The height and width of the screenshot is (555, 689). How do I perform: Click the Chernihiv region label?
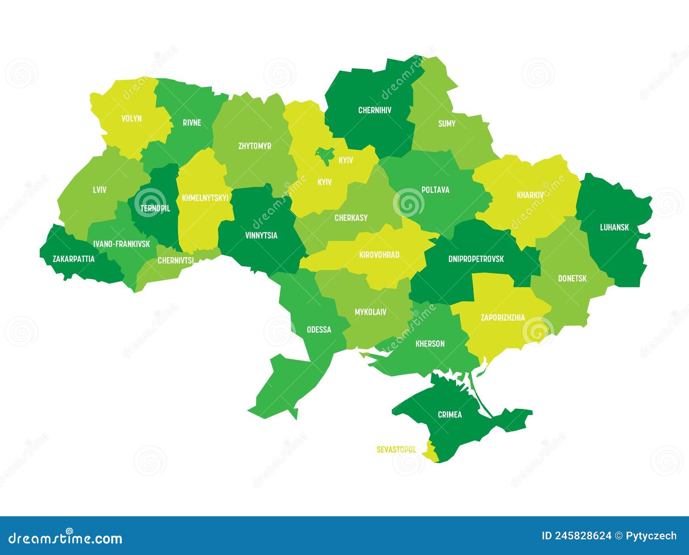(375, 110)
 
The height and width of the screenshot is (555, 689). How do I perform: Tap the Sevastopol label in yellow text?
(396, 450)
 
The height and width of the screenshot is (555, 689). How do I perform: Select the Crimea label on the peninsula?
(450, 415)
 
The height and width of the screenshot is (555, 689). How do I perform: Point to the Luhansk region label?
(615, 227)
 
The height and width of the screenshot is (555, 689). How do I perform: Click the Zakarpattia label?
(74, 259)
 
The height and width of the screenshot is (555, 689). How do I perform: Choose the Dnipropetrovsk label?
(476, 259)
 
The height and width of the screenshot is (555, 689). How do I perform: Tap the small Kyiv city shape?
(325, 154)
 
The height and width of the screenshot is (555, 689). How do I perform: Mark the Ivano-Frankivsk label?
(122, 244)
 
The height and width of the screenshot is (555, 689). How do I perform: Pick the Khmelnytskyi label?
(205, 198)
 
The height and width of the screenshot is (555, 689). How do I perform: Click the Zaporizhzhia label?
(503, 318)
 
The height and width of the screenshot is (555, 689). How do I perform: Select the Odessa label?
(319, 330)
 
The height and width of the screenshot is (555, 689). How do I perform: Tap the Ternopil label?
(155, 208)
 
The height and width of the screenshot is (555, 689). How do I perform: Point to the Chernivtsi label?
(175, 260)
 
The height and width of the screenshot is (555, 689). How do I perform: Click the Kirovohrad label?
(379, 255)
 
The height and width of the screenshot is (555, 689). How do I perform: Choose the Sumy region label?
(447, 123)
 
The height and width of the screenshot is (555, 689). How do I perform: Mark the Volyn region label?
(131, 118)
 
